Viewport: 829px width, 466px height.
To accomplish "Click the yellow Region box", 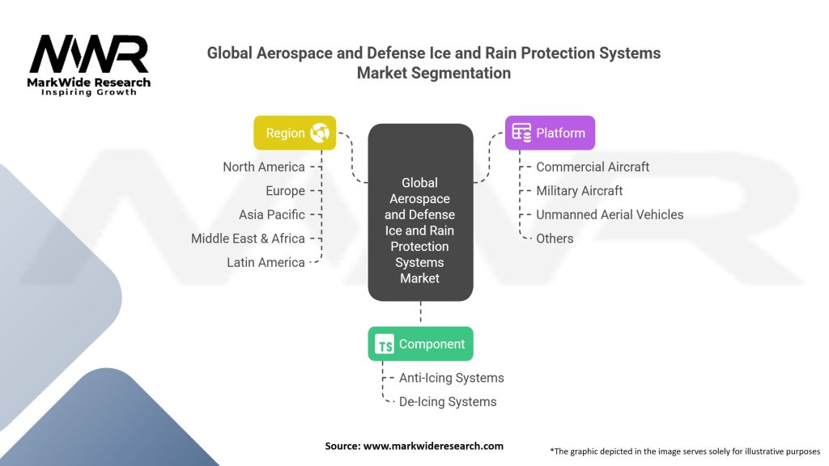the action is (295, 133).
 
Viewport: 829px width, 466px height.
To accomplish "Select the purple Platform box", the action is (550, 133).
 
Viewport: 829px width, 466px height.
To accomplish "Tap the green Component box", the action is (420, 344).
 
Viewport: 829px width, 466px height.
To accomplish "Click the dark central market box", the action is (420, 213).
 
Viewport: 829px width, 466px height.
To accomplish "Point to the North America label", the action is (264, 167).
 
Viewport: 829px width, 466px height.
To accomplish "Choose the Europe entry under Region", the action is (286, 191).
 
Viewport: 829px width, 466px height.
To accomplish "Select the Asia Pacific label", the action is (272, 214).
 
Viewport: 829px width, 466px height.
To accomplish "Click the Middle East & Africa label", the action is (248, 239).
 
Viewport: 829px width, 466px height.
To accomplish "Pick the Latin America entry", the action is (266, 262).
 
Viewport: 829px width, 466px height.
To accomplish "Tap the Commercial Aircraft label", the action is (593, 167).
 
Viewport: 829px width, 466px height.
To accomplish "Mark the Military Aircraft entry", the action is (580, 191).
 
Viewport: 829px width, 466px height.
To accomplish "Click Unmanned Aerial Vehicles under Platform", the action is (610, 214).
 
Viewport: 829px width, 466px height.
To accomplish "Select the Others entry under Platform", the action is (555, 239).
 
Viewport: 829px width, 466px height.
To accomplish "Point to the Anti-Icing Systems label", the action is (452, 378).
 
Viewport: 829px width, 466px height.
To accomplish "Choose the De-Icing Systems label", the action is (448, 401).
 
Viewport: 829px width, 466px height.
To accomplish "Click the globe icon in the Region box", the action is (320, 133).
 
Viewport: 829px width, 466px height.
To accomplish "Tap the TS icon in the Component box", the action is (385, 344).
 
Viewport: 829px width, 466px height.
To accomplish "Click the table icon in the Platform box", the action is (521, 133).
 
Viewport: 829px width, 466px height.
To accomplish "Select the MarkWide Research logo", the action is (89, 66).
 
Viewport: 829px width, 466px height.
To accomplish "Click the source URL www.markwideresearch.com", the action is (433, 446).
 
